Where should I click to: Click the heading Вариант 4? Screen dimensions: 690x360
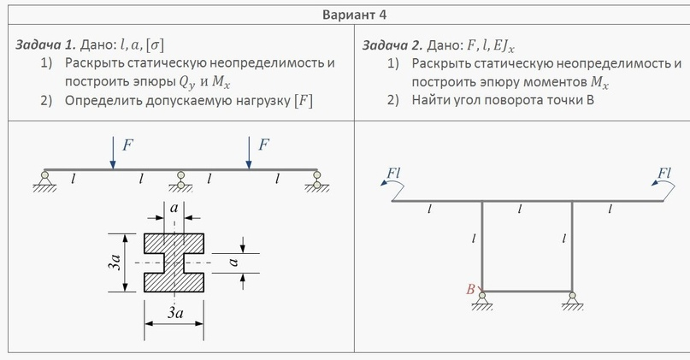tap(354, 15)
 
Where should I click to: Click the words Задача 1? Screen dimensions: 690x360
tap(46, 44)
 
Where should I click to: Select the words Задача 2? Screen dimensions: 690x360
tap(392, 45)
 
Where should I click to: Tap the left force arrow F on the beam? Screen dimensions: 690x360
tap(113, 152)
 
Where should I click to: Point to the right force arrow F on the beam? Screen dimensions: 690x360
tap(249, 152)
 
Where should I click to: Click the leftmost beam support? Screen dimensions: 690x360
tap(44, 181)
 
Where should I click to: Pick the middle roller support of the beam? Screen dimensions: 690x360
tap(181, 181)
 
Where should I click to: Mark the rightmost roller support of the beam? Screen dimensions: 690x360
tap(317, 181)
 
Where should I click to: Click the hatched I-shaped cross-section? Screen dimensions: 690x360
tap(174, 263)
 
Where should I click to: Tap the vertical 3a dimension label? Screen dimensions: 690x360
tap(115, 263)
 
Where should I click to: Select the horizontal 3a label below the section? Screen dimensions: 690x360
tap(175, 312)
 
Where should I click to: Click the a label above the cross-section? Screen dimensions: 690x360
tap(174, 208)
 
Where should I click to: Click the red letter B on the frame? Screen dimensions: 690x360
tap(470, 289)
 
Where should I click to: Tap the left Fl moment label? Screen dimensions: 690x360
tap(393, 174)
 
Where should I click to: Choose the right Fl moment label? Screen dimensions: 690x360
tap(664, 174)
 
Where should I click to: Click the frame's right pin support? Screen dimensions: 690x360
tap(572, 301)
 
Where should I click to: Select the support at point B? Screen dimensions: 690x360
tap(482, 301)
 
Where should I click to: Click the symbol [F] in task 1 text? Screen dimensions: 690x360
tap(304, 101)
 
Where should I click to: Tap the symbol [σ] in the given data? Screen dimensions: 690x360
tap(155, 44)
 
